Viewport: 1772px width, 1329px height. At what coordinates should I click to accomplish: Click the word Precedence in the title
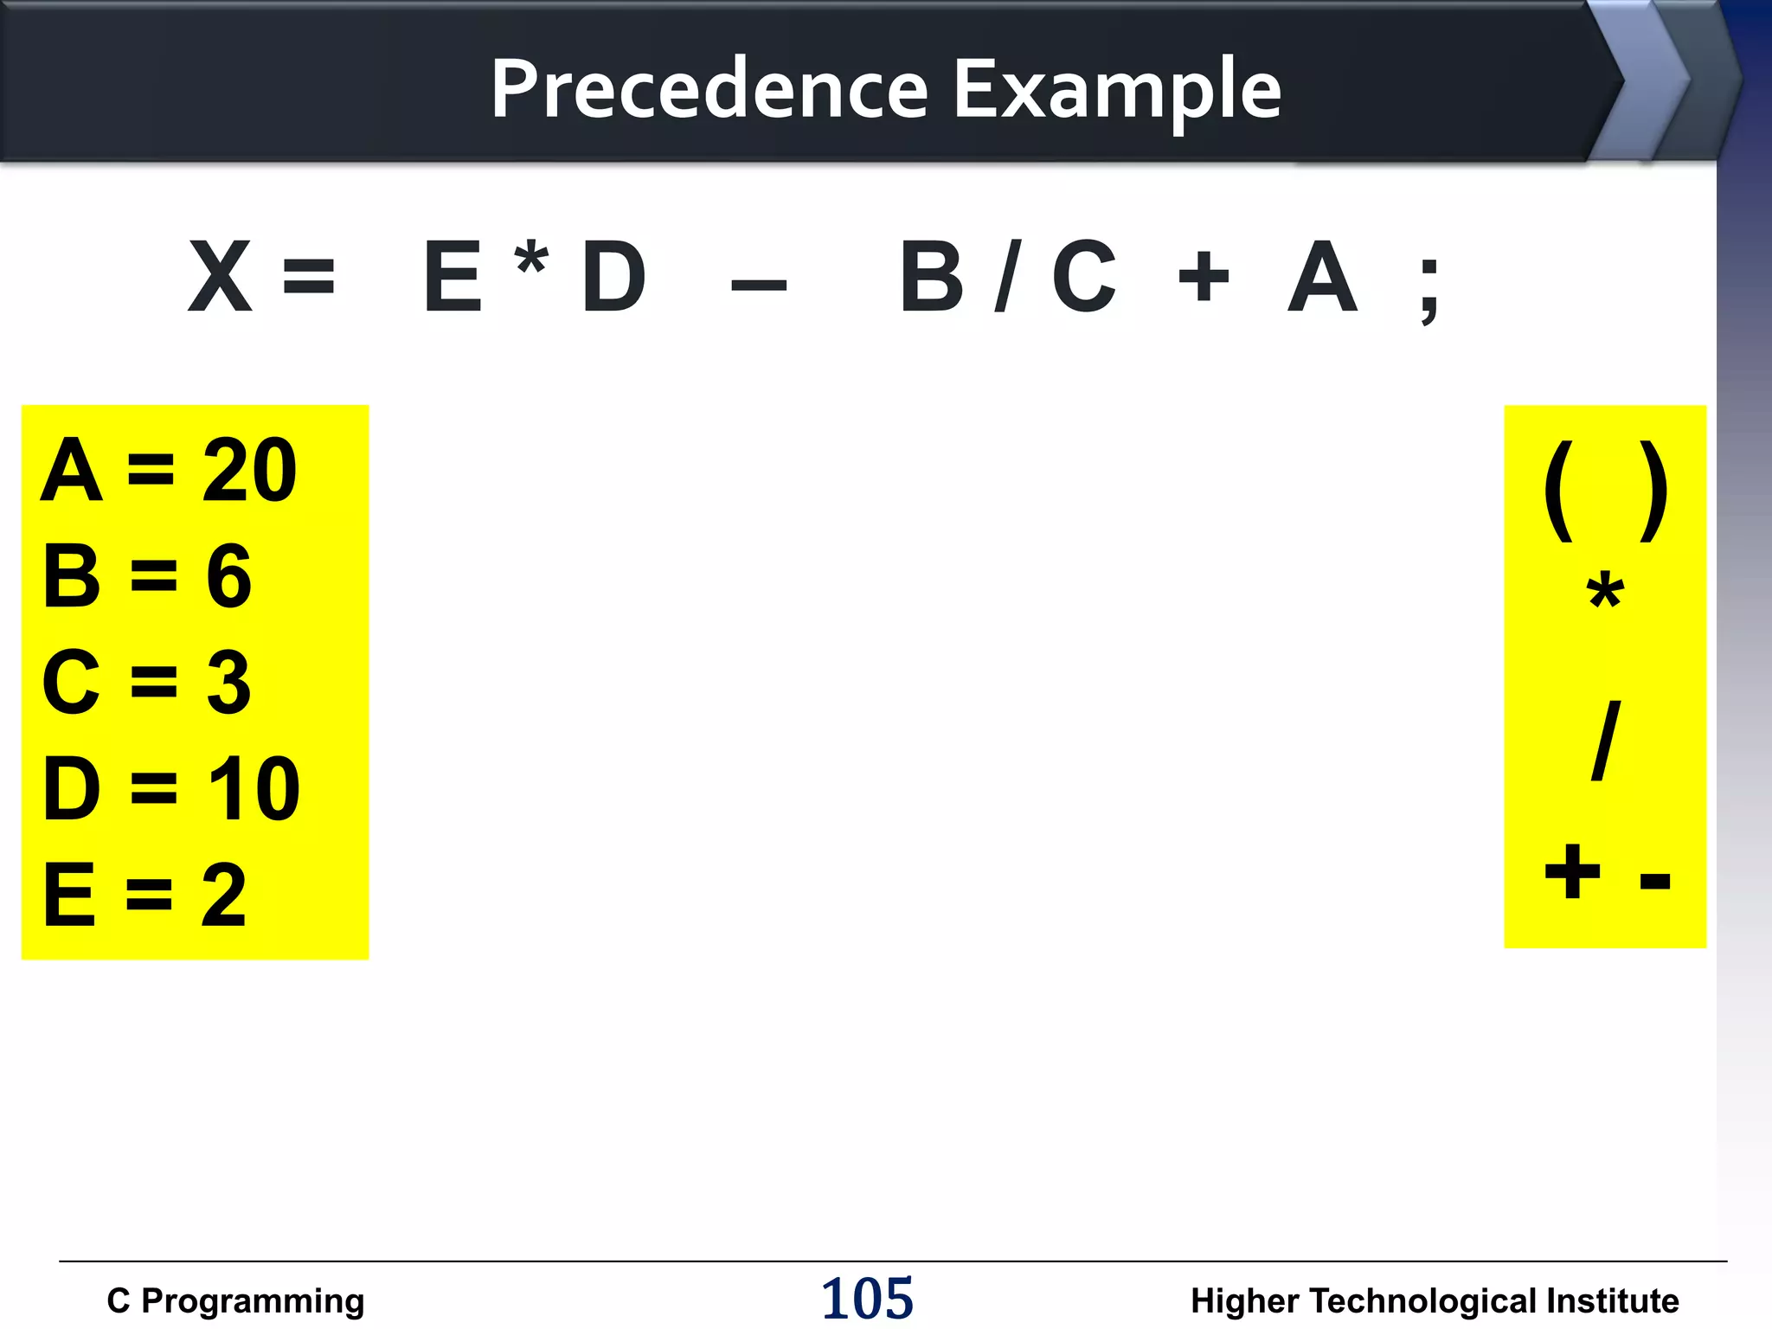[709, 88]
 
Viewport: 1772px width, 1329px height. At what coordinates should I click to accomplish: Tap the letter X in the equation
[220, 277]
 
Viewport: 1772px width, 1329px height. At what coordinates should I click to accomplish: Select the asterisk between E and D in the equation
[531, 260]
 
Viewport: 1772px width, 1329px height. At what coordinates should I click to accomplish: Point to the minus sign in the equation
[759, 285]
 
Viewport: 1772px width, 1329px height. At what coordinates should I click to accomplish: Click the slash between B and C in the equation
[1008, 277]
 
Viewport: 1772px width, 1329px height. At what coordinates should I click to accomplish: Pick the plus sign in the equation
[1203, 279]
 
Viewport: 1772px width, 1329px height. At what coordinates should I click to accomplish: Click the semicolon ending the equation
[1429, 290]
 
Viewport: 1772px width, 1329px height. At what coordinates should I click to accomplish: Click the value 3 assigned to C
[229, 683]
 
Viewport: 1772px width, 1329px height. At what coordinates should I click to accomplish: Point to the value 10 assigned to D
[254, 788]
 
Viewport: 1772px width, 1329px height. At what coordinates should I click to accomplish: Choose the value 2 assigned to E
[224, 896]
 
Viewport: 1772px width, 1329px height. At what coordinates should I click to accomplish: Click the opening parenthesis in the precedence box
[1559, 491]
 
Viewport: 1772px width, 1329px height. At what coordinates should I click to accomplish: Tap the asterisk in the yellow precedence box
[1605, 593]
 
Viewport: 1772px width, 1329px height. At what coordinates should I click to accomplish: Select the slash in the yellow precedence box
[1606, 741]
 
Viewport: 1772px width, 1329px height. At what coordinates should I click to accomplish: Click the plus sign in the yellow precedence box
[1572, 872]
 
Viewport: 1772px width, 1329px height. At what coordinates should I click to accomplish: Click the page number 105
[867, 1299]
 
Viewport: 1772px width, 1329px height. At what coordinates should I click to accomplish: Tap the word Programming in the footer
[253, 1301]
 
